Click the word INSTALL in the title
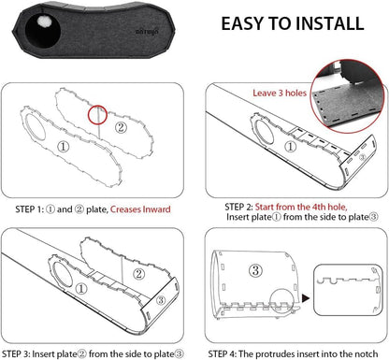tap(330, 23)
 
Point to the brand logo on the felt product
tap(147, 32)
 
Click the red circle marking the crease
tap(97, 115)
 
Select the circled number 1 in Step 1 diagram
tap(64, 147)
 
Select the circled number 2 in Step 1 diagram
tap(121, 127)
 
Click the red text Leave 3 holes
tap(280, 93)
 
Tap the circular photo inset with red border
tap(348, 96)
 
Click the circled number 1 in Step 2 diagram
tap(291, 147)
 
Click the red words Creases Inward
tap(140, 209)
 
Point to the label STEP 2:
tap(238, 207)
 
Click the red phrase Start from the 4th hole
tap(301, 207)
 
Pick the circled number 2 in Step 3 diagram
tap(138, 274)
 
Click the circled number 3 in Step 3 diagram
tap(161, 300)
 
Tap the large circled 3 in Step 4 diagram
tap(255, 270)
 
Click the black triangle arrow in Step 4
tap(306, 298)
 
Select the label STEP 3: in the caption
tap(16, 354)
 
